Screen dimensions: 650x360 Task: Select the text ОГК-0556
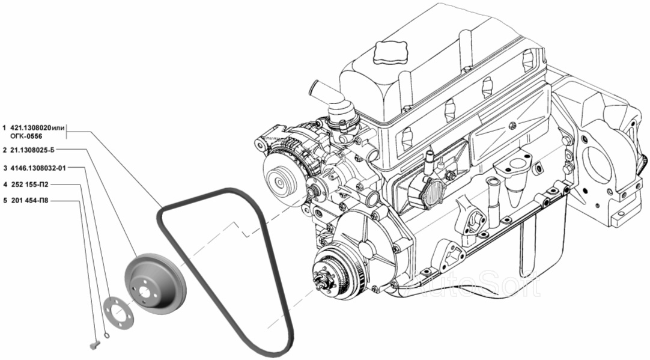tap(25, 136)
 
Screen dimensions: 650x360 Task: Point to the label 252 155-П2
tap(29, 184)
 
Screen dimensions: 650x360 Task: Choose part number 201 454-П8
tap(29, 201)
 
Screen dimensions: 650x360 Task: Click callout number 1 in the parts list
tap(5, 128)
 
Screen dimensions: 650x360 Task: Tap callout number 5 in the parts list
tap(5, 201)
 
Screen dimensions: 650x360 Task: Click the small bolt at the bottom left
tap(95, 344)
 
